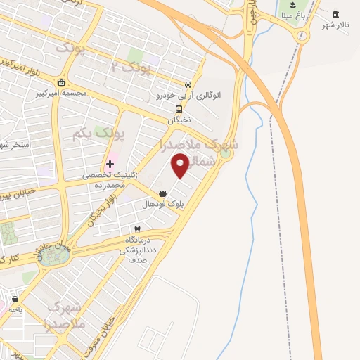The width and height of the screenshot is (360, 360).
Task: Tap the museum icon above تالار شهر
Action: (335, 15)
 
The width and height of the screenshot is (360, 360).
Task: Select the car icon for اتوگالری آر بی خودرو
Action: (188, 84)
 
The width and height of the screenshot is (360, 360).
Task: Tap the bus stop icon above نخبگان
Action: (179, 109)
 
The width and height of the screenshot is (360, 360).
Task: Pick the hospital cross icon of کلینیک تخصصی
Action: (110, 164)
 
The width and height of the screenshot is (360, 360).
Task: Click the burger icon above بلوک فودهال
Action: (163, 193)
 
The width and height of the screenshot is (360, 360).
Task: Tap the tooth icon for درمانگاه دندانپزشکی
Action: (138, 229)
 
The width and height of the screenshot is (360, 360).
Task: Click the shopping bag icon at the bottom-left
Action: (12, 307)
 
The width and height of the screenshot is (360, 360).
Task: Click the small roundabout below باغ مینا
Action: (302, 36)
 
